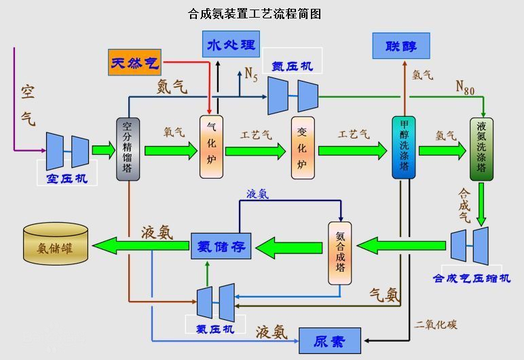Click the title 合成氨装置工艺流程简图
point(254,14)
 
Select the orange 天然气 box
point(134,63)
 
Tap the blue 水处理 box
point(231,46)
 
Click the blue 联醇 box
point(400,46)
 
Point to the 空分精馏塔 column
point(128,148)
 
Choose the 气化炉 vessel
point(211,147)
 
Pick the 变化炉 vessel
point(303,148)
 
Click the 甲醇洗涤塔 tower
point(404,148)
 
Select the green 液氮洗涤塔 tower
point(481,148)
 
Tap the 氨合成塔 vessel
point(340,253)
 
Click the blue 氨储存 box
point(221,245)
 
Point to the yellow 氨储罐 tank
point(56,243)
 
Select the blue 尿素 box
point(330,340)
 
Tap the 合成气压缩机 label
point(472,278)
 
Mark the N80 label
point(465,87)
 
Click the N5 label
point(251,73)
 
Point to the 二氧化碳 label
point(436,325)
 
